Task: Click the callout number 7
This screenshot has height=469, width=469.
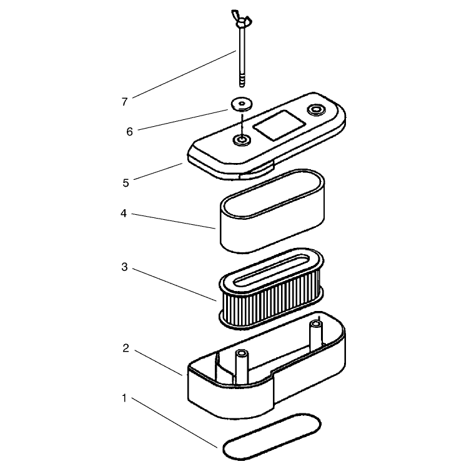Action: tap(124, 102)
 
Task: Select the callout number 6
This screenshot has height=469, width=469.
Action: tap(129, 132)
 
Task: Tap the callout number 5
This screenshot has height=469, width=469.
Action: tap(126, 183)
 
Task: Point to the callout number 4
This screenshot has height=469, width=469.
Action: tap(124, 214)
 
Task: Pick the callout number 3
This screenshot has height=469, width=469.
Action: tap(124, 267)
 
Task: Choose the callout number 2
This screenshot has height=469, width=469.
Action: tap(126, 348)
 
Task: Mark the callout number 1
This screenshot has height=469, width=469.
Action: tap(124, 398)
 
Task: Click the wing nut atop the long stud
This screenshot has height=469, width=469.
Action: tap(242, 19)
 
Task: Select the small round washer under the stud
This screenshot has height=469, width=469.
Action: tap(242, 104)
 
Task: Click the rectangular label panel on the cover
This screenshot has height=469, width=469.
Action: tap(279, 126)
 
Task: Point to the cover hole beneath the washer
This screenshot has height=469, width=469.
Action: tap(242, 140)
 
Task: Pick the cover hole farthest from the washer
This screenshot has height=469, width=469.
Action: tap(316, 109)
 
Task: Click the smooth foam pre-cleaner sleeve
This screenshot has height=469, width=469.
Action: tap(272, 211)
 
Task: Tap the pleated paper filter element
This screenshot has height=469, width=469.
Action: tap(271, 289)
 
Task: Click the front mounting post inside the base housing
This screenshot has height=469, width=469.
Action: tap(242, 367)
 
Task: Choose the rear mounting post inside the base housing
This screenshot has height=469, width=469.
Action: tap(316, 335)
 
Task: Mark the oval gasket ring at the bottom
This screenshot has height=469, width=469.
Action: tap(272, 437)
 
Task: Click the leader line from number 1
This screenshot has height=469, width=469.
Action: tap(174, 423)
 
